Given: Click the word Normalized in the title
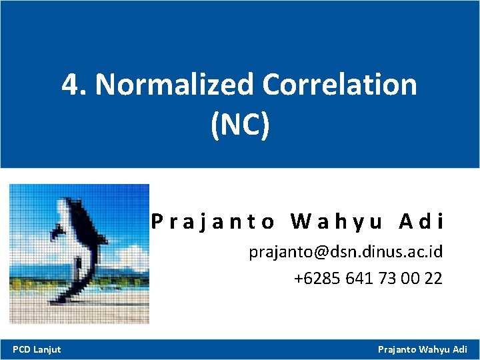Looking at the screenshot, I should point(175,85).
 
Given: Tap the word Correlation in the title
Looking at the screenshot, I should point(340,85).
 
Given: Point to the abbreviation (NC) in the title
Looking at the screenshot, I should point(240,125).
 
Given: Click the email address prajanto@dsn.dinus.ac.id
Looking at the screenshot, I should point(345,253).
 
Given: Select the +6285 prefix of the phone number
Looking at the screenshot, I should point(317,278).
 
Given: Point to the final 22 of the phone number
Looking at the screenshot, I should point(433,278).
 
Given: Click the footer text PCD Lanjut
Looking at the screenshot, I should point(37,349).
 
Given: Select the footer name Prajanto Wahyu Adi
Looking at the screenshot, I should point(423,349).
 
